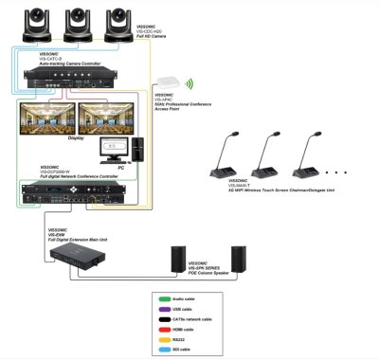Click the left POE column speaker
[x=180, y=260]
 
